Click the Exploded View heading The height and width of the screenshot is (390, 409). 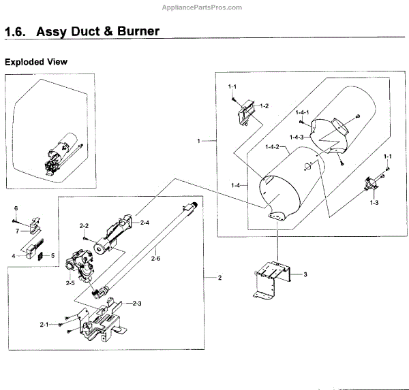(x=36, y=62)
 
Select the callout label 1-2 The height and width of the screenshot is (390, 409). (x=264, y=106)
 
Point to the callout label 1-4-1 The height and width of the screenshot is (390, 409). (x=303, y=112)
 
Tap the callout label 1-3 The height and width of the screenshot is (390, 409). (x=374, y=203)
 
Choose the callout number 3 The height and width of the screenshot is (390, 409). (x=305, y=274)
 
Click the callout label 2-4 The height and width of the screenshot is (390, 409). (x=144, y=222)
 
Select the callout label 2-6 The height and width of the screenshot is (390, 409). (x=155, y=259)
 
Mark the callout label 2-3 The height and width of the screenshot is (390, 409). (x=137, y=303)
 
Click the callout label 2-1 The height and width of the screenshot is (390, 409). (x=45, y=324)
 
